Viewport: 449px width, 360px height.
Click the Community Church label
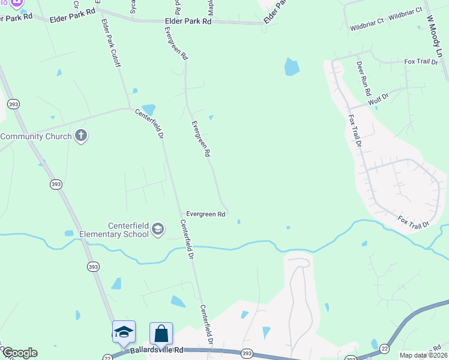click(x=35, y=136)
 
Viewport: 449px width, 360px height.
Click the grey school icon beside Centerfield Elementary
click(x=158, y=229)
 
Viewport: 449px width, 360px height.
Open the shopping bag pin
click(x=161, y=334)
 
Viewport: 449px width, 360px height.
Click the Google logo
click(x=19, y=353)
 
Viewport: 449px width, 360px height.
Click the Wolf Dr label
click(x=379, y=97)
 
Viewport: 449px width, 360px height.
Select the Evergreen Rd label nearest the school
click(x=205, y=214)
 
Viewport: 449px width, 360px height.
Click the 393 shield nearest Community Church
click(x=13, y=104)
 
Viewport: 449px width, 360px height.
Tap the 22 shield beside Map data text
click(x=384, y=347)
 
